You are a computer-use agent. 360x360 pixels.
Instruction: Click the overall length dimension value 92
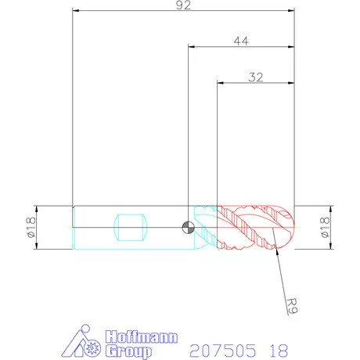click(x=183, y=5)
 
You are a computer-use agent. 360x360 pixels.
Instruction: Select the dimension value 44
click(x=241, y=41)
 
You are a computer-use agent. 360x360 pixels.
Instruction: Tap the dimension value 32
click(x=256, y=77)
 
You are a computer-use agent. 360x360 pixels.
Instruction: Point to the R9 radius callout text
click(x=292, y=305)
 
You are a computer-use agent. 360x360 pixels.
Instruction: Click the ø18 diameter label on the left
click(x=31, y=227)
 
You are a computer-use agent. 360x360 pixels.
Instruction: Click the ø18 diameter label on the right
click(x=325, y=227)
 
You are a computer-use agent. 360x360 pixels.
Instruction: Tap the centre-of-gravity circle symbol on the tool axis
click(x=188, y=227)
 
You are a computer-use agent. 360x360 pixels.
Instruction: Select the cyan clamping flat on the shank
click(x=131, y=227)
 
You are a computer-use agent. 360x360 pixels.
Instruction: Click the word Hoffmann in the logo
click(x=142, y=337)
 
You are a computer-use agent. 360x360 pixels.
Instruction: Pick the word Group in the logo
click(x=128, y=351)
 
